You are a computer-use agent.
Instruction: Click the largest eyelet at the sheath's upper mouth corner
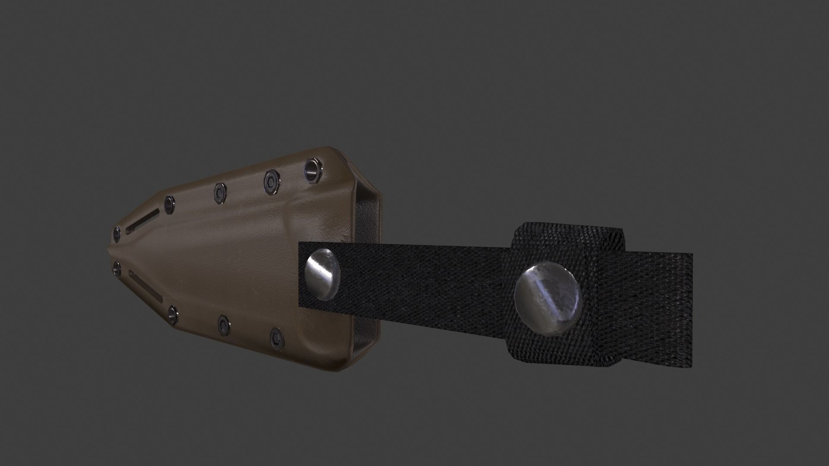313,169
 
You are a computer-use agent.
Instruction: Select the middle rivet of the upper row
219,193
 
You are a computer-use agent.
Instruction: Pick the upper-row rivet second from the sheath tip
169,205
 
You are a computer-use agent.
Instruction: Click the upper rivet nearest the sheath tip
117,233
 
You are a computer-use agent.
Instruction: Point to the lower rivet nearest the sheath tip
116,268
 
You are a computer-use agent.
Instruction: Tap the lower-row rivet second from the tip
172,315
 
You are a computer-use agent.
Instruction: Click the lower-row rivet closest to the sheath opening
277,338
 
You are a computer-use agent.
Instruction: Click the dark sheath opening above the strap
367,216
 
